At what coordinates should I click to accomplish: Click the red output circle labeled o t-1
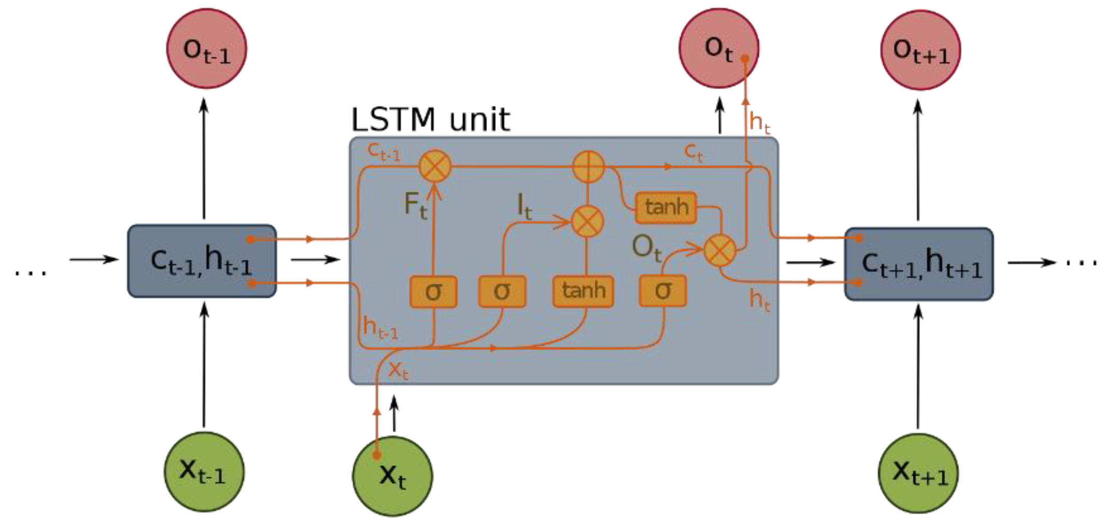(x=206, y=49)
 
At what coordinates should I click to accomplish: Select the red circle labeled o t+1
(x=920, y=50)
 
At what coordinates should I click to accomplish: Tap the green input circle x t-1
(x=204, y=471)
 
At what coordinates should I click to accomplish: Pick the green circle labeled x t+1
(x=918, y=473)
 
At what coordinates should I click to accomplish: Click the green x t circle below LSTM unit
(x=393, y=476)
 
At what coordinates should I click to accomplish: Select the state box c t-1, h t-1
(x=202, y=261)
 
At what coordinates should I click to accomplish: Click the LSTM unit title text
(x=430, y=120)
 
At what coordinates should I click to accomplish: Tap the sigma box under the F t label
(x=433, y=292)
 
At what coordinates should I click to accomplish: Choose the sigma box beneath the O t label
(x=663, y=291)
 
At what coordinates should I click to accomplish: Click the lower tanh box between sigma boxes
(x=583, y=292)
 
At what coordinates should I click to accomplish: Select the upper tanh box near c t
(x=666, y=207)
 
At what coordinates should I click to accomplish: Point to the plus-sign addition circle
(x=588, y=167)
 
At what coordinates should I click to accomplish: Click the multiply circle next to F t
(x=435, y=166)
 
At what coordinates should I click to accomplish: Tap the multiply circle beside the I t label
(x=587, y=222)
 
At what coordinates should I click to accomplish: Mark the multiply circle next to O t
(x=719, y=251)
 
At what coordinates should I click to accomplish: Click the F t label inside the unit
(x=415, y=205)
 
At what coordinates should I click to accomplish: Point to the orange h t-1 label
(x=380, y=328)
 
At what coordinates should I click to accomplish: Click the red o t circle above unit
(x=718, y=48)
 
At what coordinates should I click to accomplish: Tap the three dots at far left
(x=31, y=272)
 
